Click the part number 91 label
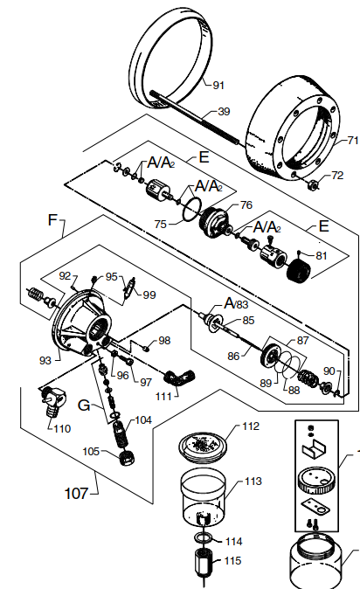pos(218,85)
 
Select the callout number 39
pos(224,112)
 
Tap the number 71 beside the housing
pos(352,140)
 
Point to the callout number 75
pos(160,224)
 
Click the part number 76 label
pos(246,206)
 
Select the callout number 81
pos(321,256)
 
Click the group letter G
pos(84,405)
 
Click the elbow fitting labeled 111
pos(183,380)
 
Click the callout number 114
pos(233,541)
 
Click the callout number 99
pos(149,294)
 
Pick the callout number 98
pos(164,340)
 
